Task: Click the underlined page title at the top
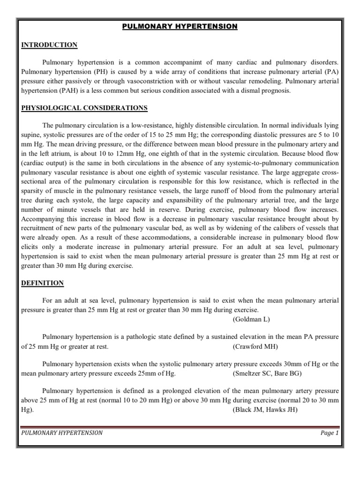click(x=180, y=27)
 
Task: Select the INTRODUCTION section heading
click(x=49, y=45)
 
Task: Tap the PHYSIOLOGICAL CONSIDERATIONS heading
click(x=84, y=108)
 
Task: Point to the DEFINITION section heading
click(x=42, y=283)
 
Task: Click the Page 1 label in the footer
click(x=330, y=433)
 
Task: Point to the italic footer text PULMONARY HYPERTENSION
click(x=62, y=433)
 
